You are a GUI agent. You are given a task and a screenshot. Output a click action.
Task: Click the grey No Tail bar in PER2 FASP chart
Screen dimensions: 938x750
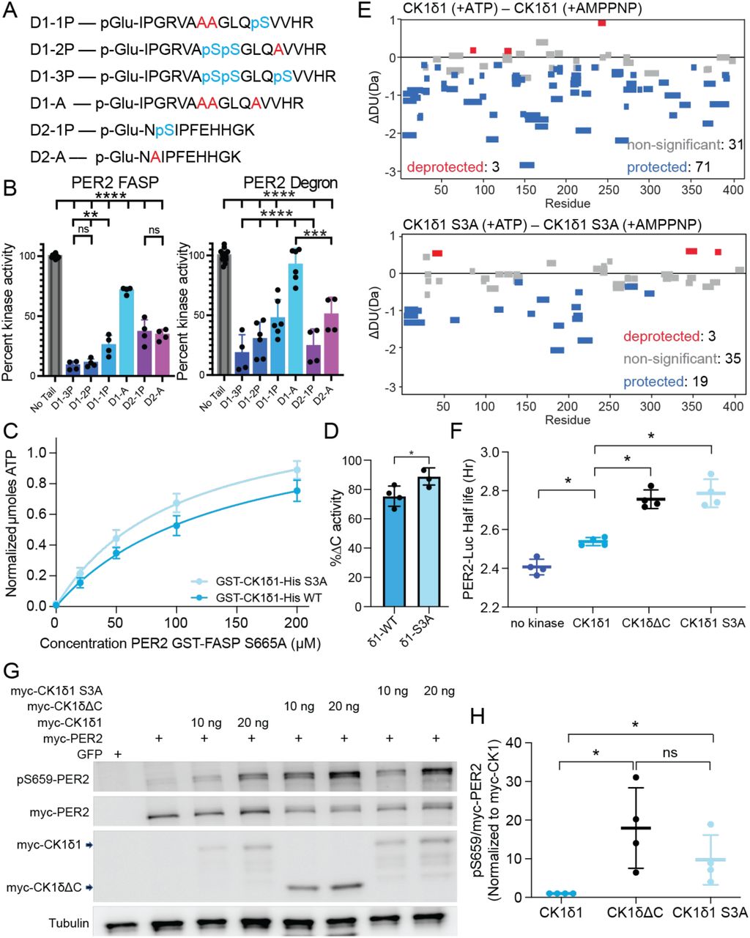tap(56, 315)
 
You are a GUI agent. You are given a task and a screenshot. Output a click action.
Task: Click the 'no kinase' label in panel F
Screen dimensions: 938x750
tap(538, 624)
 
